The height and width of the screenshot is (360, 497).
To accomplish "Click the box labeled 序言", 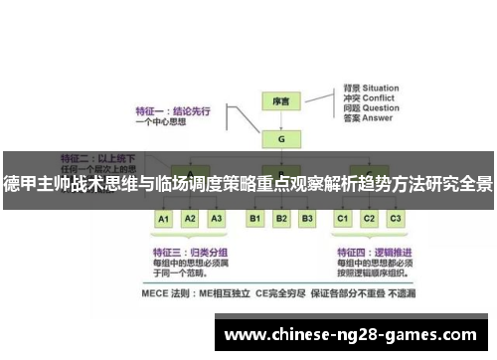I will point(280,101).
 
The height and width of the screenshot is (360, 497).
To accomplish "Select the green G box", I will point(280,139).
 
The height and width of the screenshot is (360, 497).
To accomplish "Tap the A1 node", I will point(164,218).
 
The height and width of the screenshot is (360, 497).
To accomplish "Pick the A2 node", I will point(190,218).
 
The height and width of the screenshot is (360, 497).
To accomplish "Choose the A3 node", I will point(216,218).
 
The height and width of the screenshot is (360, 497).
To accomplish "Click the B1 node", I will point(254,218).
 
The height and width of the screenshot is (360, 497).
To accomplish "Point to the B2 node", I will point(281,218).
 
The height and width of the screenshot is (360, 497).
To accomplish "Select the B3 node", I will point(307,218).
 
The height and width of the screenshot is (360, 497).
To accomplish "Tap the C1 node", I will point(343,218).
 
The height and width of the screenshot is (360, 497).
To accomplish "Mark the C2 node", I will point(370,218).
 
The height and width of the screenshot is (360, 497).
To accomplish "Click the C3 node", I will point(396,218).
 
